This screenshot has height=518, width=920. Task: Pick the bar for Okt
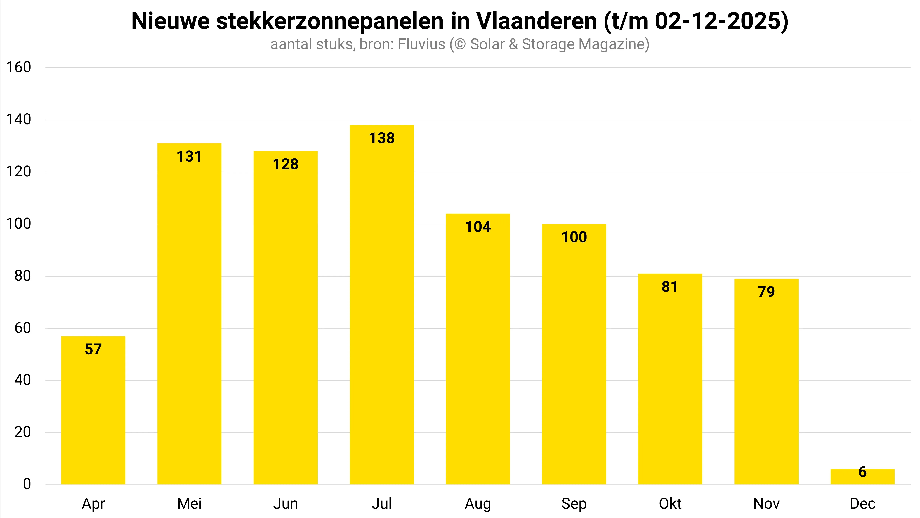(x=670, y=379)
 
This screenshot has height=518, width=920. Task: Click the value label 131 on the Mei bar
(x=189, y=157)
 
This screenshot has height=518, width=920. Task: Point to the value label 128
(x=285, y=164)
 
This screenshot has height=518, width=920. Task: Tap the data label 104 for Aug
(x=478, y=227)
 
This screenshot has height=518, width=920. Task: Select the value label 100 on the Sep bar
(x=574, y=237)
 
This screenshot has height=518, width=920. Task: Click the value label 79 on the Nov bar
(x=766, y=292)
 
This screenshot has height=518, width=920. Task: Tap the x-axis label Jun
(x=285, y=504)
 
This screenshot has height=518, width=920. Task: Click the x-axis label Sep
(x=574, y=504)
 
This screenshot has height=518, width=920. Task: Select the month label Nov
(x=766, y=504)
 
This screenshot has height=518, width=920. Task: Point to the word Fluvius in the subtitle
(x=421, y=44)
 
